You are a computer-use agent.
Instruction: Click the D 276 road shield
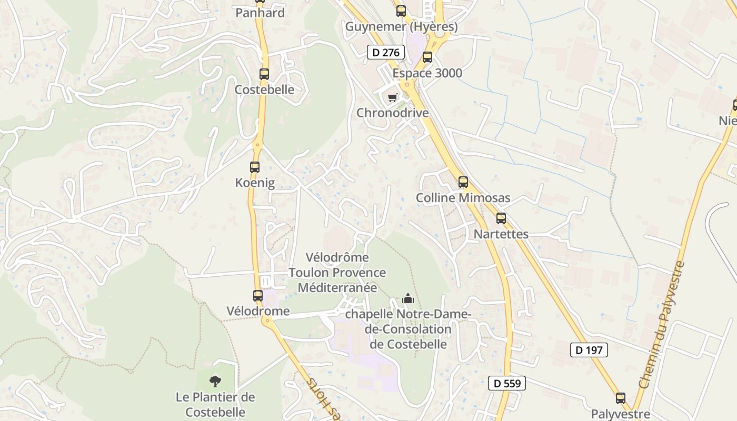(x=386, y=52)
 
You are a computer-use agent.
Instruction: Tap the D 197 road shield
(x=589, y=350)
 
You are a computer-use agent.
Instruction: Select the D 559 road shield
(x=507, y=383)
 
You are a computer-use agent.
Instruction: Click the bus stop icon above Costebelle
(x=264, y=74)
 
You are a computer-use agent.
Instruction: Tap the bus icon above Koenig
(x=255, y=167)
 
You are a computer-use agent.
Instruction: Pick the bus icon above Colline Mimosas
(x=463, y=182)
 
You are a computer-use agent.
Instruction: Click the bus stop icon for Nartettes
(x=501, y=218)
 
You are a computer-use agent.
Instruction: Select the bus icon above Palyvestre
(x=621, y=398)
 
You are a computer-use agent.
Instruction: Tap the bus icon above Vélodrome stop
(x=258, y=296)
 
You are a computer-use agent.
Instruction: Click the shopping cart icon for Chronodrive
(x=392, y=98)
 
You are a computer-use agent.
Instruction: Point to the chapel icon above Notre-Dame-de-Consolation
(x=408, y=299)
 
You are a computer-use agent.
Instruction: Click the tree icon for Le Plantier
(x=215, y=381)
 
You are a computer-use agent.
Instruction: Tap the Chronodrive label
(x=392, y=113)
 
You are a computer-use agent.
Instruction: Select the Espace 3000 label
(x=427, y=73)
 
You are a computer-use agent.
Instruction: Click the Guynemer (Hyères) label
(x=401, y=26)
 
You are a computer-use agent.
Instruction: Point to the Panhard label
(x=260, y=13)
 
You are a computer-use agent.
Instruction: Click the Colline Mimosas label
(x=463, y=198)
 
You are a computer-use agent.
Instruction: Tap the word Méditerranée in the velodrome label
(x=337, y=287)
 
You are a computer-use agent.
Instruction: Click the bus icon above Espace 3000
(x=427, y=57)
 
